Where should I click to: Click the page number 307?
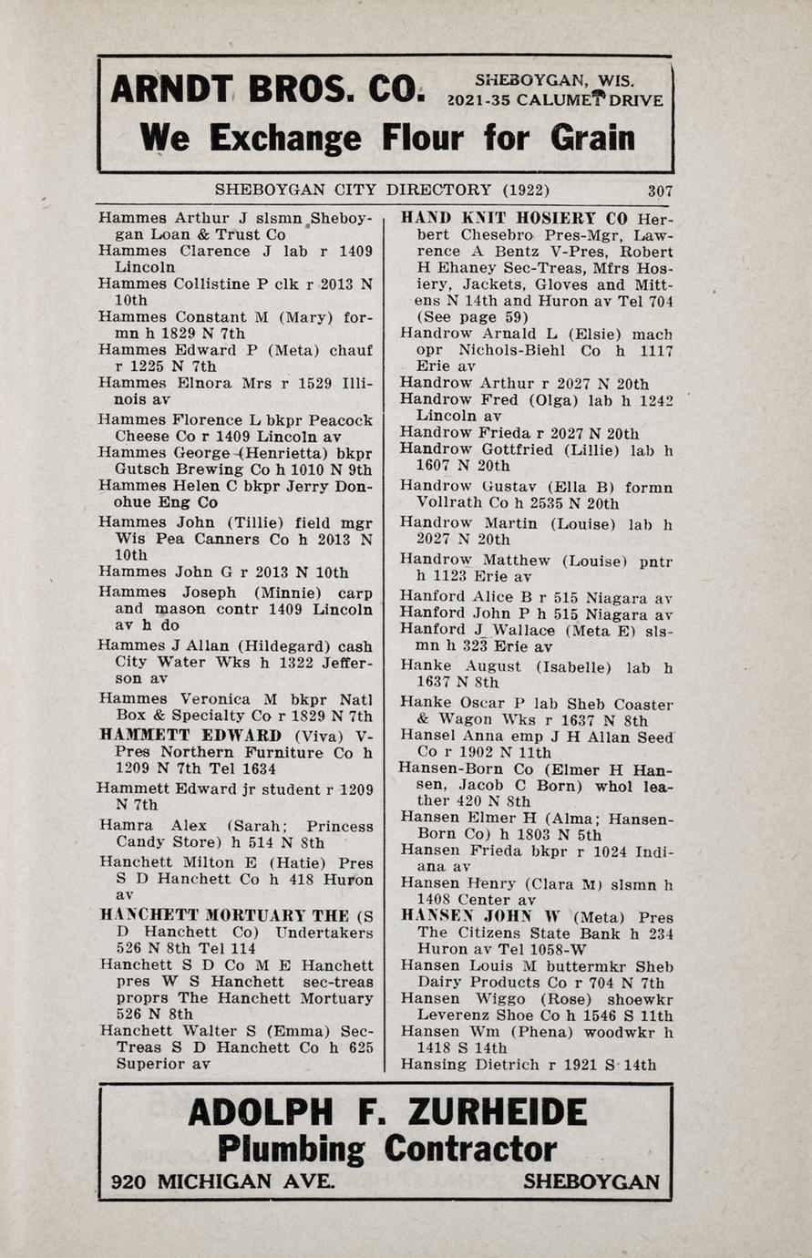pyautogui.click(x=660, y=191)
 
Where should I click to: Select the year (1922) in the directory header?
pyautogui.click(x=525, y=191)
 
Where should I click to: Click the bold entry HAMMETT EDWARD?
pyautogui.click(x=190, y=736)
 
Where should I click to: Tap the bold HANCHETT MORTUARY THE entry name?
pyautogui.click(x=224, y=915)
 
